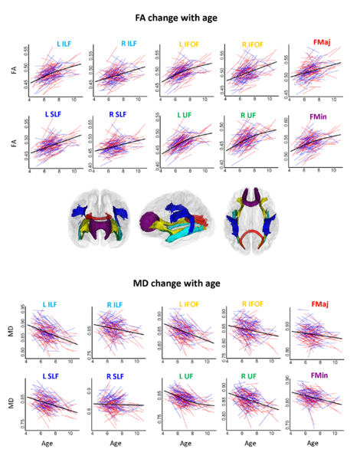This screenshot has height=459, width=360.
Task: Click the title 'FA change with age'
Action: pos(180,13)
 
